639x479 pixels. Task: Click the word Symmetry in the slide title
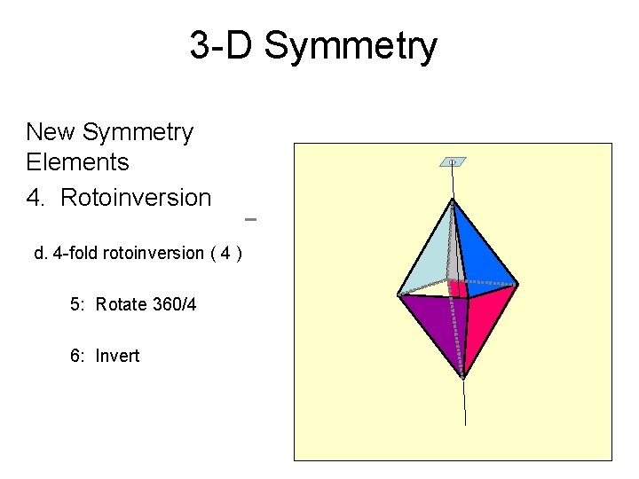pyautogui.click(x=351, y=45)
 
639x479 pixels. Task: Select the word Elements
pyautogui.click(x=78, y=162)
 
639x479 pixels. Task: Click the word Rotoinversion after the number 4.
pyautogui.click(x=136, y=197)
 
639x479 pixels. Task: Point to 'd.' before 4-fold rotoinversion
pyautogui.click(x=41, y=253)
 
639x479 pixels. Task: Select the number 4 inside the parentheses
pyautogui.click(x=227, y=253)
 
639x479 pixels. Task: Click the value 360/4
pyautogui.click(x=174, y=304)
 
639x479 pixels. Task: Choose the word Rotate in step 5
pyautogui.click(x=121, y=304)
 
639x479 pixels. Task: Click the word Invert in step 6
pyautogui.click(x=118, y=356)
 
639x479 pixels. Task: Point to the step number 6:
pyautogui.click(x=78, y=356)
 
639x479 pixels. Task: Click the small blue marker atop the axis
pyautogui.click(x=453, y=162)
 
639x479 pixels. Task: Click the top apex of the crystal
pyautogui.click(x=452, y=201)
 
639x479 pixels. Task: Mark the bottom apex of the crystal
pyautogui.click(x=463, y=377)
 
